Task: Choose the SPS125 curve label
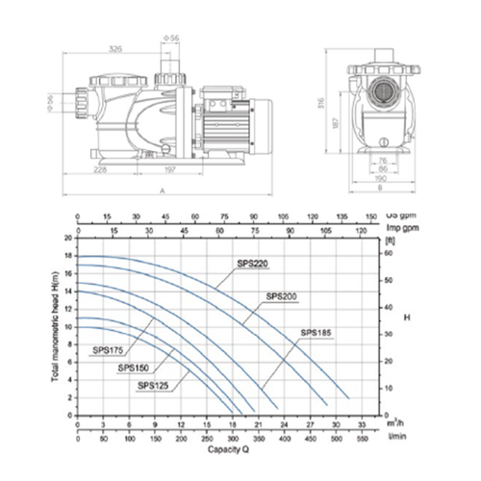(155, 386)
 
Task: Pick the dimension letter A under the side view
(160, 191)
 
